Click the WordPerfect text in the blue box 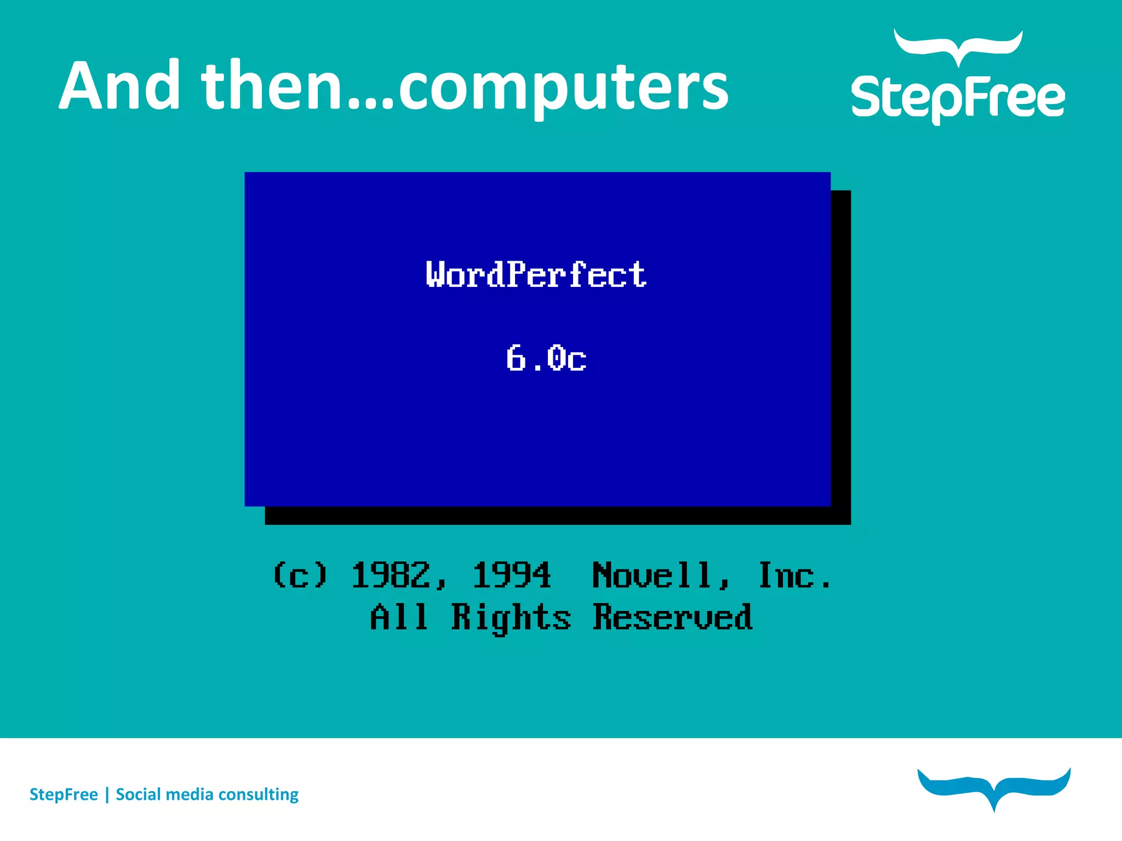coord(536,274)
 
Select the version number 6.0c coord(546,359)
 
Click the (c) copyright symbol coord(300,575)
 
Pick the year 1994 coord(512,575)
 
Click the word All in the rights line coord(398,617)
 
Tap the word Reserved coord(673,617)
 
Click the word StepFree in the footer coord(64,794)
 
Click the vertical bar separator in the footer coord(107,794)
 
